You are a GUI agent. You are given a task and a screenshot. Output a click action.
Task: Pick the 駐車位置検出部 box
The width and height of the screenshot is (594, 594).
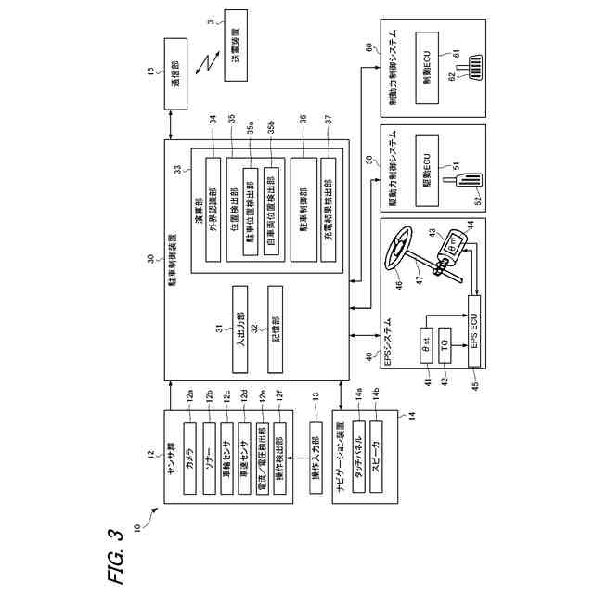pyautogui.click(x=250, y=209)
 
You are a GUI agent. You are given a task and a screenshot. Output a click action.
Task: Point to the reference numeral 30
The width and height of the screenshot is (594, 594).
pyautogui.click(x=148, y=260)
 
